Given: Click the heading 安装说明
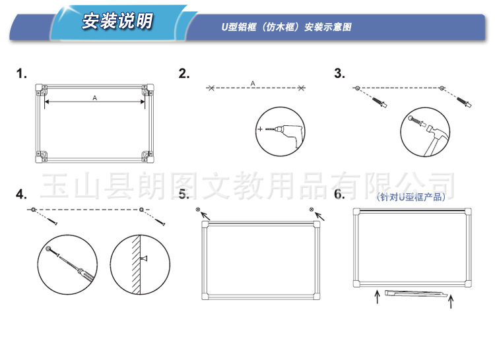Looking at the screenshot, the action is tap(117, 21).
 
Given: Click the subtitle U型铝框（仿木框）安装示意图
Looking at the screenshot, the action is tap(286, 27).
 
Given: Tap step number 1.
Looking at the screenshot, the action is tap(21, 73).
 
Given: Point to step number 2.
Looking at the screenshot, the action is tap(183, 73).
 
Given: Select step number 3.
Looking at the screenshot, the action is tap(340, 73).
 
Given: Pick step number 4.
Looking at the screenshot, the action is tap(21, 194).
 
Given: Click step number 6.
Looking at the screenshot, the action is tap(339, 194).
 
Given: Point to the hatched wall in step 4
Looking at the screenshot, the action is tap(136, 265).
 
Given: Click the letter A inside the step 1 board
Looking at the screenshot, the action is tap(94, 98).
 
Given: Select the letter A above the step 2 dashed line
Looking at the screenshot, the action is tap(253, 83).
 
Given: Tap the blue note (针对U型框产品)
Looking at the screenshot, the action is tap(411, 197).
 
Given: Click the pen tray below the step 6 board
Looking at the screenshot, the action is tap(416, 294).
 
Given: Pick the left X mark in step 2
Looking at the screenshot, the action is tap(211, 88).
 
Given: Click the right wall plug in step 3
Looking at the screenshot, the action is tap(464, 102).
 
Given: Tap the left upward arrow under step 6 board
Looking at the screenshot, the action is tap(378, 297).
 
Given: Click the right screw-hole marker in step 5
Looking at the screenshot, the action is tap(312, 209).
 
